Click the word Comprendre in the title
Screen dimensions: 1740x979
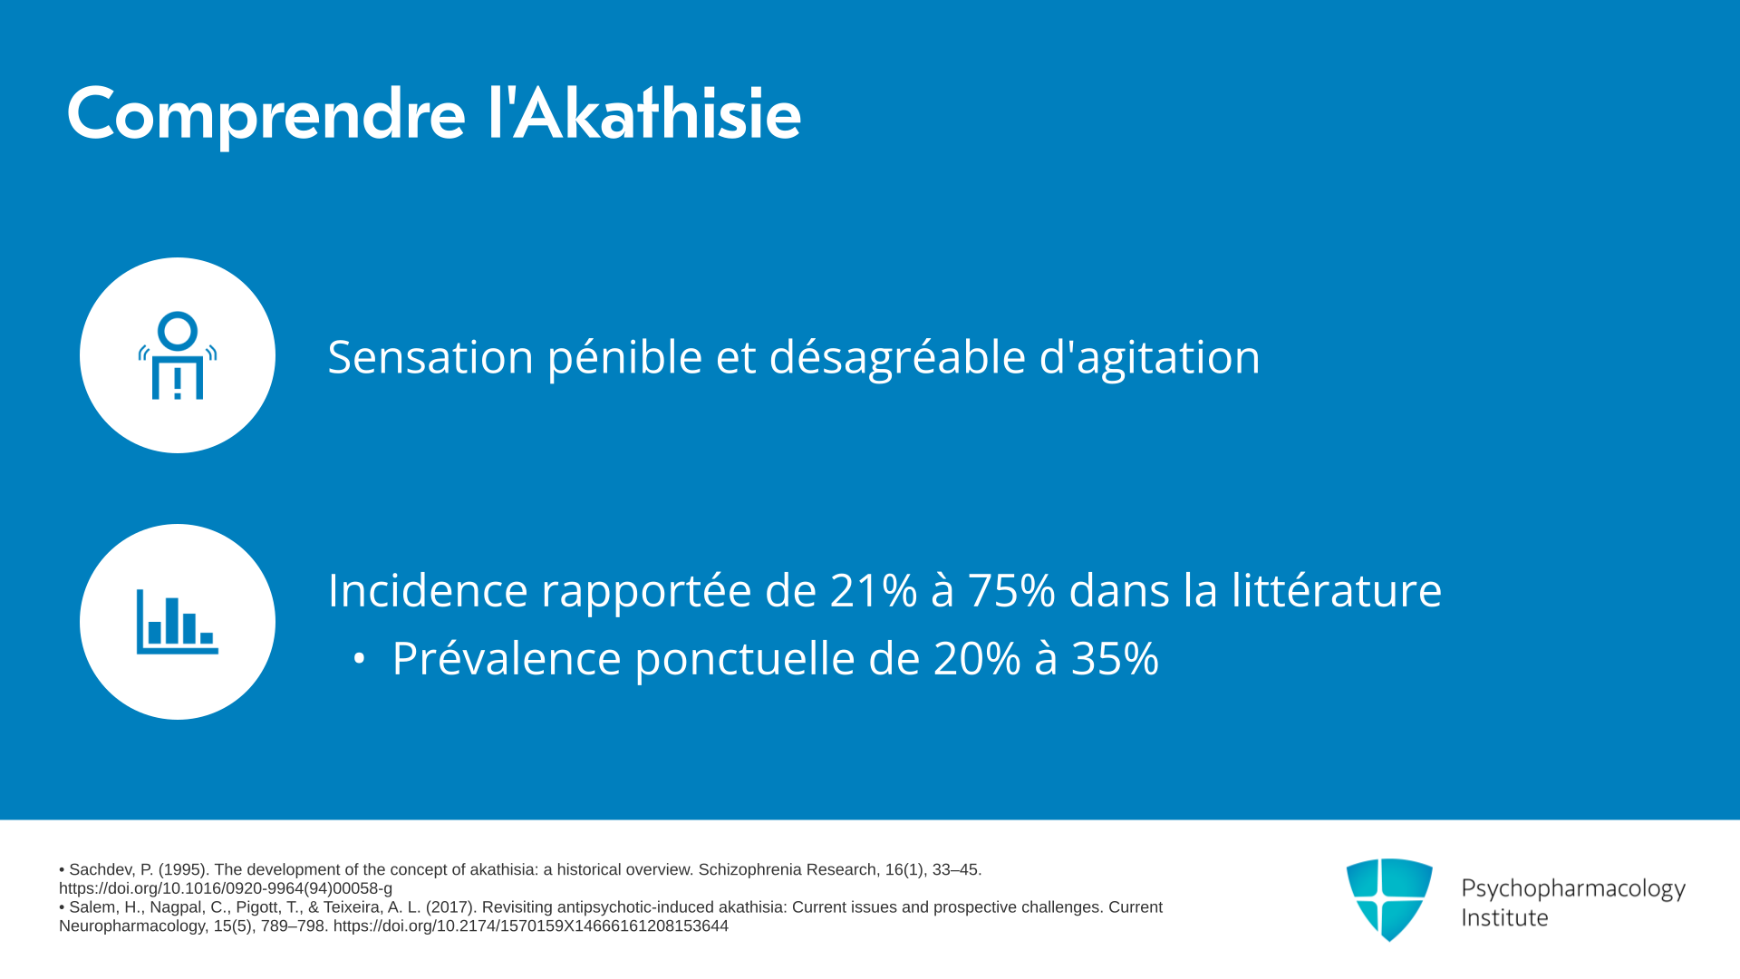tap(266, 115)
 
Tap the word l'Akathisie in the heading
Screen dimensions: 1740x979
tap(644, 112)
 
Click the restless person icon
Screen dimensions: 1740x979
tap(178, 355)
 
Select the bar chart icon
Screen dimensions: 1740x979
tap(178, 622)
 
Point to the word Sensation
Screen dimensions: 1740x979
tap(430, 356)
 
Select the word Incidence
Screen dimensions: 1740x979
tap(428, 590)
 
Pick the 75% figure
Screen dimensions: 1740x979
tap(1011, 590)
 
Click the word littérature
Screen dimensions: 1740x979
tap(1336, 590)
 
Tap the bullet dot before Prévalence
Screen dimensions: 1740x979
tap(360, 659)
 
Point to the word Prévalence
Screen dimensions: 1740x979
tap(507, 658)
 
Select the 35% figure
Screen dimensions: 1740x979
tap(1115, 658)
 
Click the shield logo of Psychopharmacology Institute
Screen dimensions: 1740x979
tap(1389, 899)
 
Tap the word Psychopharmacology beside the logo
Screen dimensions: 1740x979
tap(1573, 889)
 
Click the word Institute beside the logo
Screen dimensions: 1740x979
tap(1505, 917)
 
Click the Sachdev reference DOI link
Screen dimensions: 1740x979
tap(226, 888)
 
